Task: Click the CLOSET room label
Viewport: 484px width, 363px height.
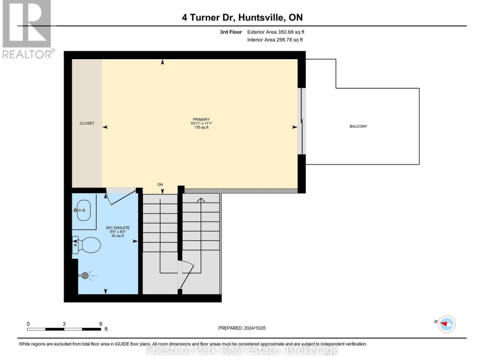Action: pos(87,123)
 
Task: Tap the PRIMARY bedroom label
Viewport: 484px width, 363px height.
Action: pos(201,120)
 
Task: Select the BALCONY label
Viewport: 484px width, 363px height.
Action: pos(359,126)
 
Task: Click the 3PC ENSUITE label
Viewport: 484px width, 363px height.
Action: pos(117,228)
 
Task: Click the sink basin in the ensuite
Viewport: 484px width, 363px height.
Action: pos(83,210)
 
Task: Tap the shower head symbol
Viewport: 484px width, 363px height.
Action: pos(86,276)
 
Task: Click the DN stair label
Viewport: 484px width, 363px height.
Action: pos(160,185)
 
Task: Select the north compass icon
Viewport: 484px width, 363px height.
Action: pos(446,324)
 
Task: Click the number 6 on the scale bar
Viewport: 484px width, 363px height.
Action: pos(101,324)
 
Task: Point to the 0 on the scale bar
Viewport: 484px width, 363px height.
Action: pos(28,324)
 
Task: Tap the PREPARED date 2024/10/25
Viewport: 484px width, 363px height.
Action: pos(255,328)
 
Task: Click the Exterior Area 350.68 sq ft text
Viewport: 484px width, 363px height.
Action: pos(276,32)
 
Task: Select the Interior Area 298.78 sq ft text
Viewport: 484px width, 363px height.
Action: pos(275,40)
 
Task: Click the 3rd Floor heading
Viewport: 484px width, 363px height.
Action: pos(231,32)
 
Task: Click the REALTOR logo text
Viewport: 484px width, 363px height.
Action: pos(28,54)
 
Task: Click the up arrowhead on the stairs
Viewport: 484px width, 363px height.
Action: pos(201,200)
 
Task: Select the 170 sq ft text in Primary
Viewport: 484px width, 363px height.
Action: pos(201,127)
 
